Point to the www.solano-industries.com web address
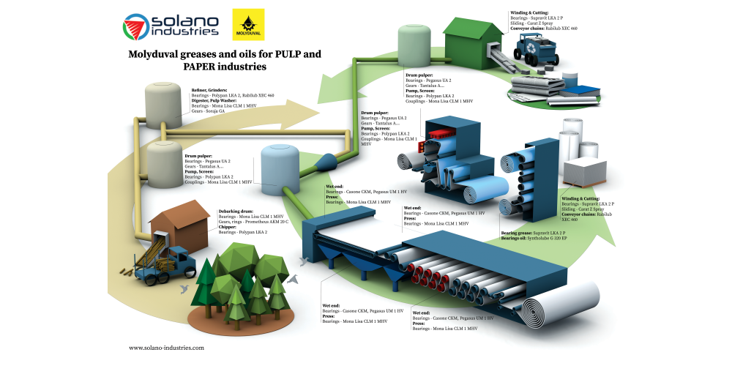coord(166,348)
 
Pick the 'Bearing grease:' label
coord(521,233)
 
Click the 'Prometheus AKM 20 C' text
coord(264,222)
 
